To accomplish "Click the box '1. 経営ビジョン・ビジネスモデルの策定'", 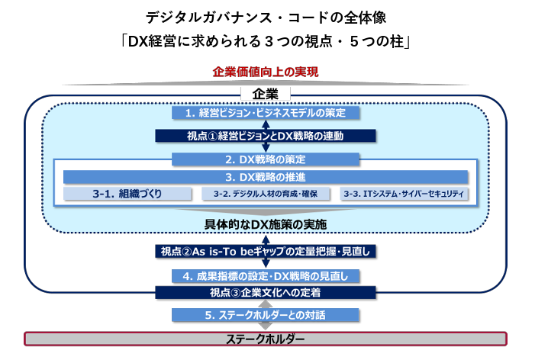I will (266, 113).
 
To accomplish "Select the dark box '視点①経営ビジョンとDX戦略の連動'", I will (266, 137).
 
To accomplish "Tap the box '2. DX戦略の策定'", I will (266, 160).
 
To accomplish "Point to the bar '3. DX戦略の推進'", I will (266, 177).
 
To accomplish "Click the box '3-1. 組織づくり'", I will (127, 194).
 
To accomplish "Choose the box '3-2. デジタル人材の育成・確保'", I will (266, 194).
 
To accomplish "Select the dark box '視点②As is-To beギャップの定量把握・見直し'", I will (266, 251).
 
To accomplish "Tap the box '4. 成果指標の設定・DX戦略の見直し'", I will (266, 275).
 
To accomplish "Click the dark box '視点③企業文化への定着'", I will (266, 292).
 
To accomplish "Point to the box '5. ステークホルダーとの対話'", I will (266, 314).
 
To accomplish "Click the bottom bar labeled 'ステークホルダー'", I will (266, 339).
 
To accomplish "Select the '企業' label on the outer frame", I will (266, 94).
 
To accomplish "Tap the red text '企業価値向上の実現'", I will (266, 72).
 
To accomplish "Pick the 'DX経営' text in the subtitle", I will (156, 40).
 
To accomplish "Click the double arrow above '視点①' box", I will (266, 125).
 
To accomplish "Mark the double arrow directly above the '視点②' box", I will (266, 238).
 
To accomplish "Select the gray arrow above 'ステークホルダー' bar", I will (266, 327).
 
